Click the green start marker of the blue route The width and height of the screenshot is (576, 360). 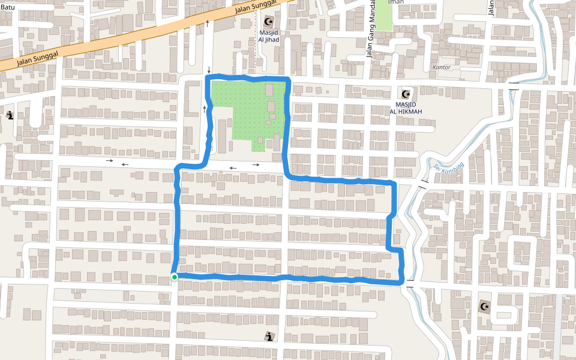(174, 277)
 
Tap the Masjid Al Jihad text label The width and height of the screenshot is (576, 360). (269, 36)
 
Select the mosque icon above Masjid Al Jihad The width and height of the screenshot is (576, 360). (268, 22)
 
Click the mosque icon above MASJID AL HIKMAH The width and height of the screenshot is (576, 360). (406, 94)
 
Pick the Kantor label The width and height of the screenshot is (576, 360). (441, 67)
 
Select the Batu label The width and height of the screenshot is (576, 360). (7, 7)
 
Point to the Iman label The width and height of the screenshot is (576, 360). (396, 2)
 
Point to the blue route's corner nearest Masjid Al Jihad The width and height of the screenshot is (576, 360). (289, 79)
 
